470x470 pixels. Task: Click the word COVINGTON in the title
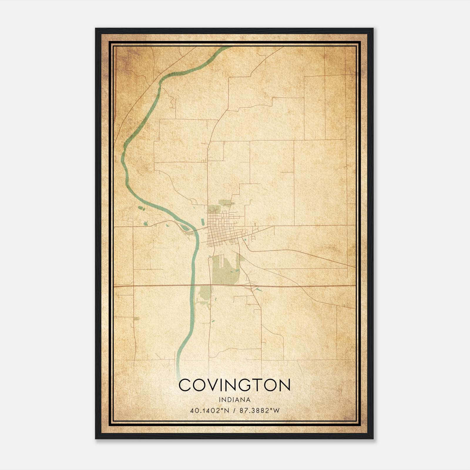234,385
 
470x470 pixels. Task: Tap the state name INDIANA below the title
234,400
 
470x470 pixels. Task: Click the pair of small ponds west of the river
142,208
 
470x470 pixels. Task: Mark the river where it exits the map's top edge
226,48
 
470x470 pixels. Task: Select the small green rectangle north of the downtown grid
225,202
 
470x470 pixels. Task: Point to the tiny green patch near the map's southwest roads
136,318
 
